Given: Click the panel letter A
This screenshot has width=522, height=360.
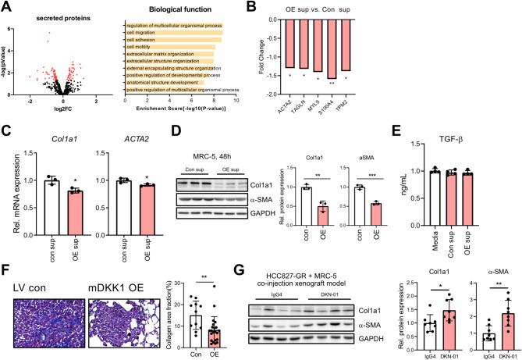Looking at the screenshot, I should (x=7, y=7).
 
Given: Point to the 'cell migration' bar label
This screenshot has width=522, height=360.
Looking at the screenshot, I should (x=146, y=37).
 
